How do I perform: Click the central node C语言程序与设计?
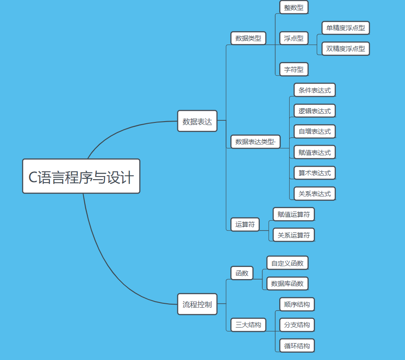[81, 176]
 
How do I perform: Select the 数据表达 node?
[197, 121]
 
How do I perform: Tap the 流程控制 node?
[197, 304]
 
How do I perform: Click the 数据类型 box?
[248, 38]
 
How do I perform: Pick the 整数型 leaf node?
[294, 7]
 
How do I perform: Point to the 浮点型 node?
[294, 38]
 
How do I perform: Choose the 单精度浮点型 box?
[345, 28]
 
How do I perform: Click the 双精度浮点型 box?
[345, 48]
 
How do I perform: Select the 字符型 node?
[294, 69]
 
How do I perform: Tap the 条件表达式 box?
[314, 90]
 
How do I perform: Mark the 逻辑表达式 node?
[314, 111]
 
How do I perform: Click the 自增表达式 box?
[314, 131]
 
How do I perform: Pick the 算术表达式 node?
[314, 173]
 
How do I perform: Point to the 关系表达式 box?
[314, 193]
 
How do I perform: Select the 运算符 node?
[245, 225]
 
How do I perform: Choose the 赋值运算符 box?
[293, 214]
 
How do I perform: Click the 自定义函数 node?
[287, 263]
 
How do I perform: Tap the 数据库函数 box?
[287, 283]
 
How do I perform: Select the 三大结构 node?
[248, 325]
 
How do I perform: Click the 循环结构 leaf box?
[297, 346]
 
